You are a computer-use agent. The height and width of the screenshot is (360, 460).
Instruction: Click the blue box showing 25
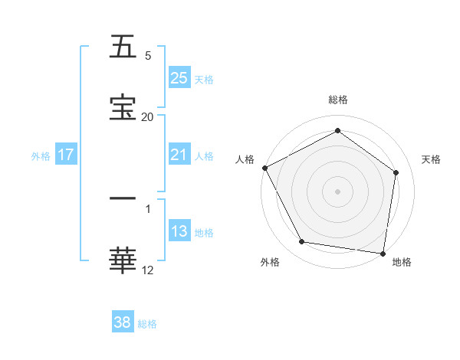tap(179, 78)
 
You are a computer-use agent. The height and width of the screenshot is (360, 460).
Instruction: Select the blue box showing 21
tap(179, 155)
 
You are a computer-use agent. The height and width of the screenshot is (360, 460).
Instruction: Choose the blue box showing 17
tap(66, 155)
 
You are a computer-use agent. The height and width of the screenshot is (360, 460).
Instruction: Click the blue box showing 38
tap(123, 322)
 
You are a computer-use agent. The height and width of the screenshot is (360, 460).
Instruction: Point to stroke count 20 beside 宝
tap(147, 116)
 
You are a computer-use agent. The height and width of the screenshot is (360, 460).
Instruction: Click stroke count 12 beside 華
tap(147, 269)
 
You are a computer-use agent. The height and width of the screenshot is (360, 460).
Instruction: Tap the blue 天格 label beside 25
tap(204, 79)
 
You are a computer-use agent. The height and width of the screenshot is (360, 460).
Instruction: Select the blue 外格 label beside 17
tap(41, 156)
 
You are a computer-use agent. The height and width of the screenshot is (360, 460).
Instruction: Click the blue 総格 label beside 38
tap(147, 324)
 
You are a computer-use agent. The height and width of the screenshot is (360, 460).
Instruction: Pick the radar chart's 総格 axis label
tap(338, 100)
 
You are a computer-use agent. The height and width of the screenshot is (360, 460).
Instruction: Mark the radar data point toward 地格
tap(383, 253)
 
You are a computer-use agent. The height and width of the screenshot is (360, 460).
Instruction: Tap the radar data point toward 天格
tap(396, 172)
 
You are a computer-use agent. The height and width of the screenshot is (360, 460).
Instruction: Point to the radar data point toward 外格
tap(302, 242)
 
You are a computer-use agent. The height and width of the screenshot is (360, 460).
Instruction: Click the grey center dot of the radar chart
tap(338, 191)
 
